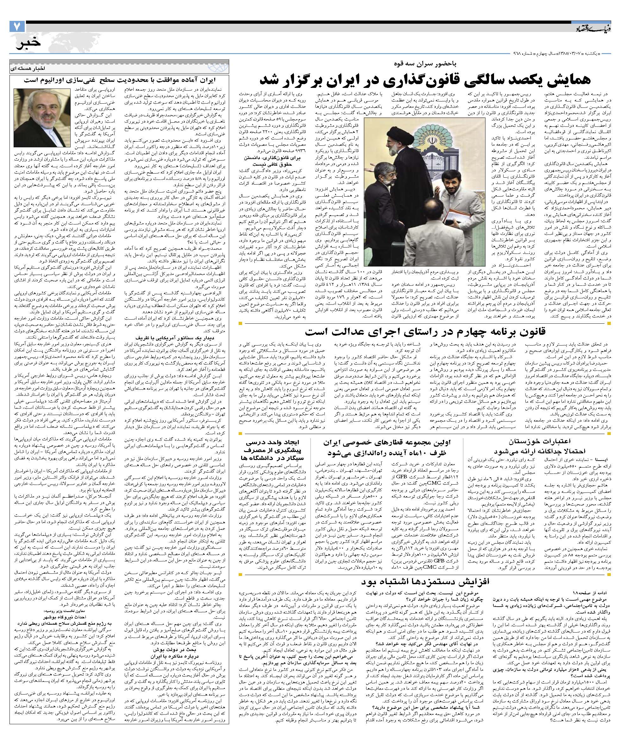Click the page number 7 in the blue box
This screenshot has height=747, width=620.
[17, 27]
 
